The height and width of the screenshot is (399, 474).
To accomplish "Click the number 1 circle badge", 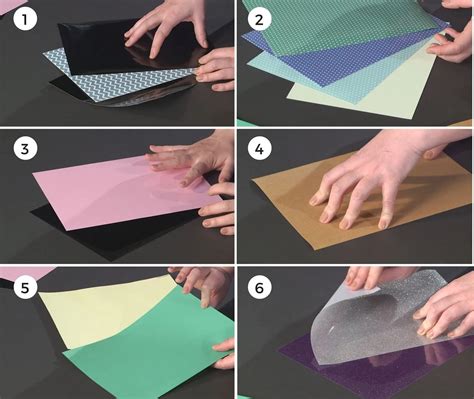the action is coord(25,19).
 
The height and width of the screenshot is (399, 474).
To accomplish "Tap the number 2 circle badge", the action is coord(259,19).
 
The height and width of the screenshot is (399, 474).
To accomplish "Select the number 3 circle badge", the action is coord(25,149).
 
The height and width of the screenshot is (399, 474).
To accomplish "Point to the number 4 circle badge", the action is coord(259,149).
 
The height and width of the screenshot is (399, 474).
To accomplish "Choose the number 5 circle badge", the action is coord(25,287).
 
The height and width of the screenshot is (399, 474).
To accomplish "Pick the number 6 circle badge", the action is coord(259,287).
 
